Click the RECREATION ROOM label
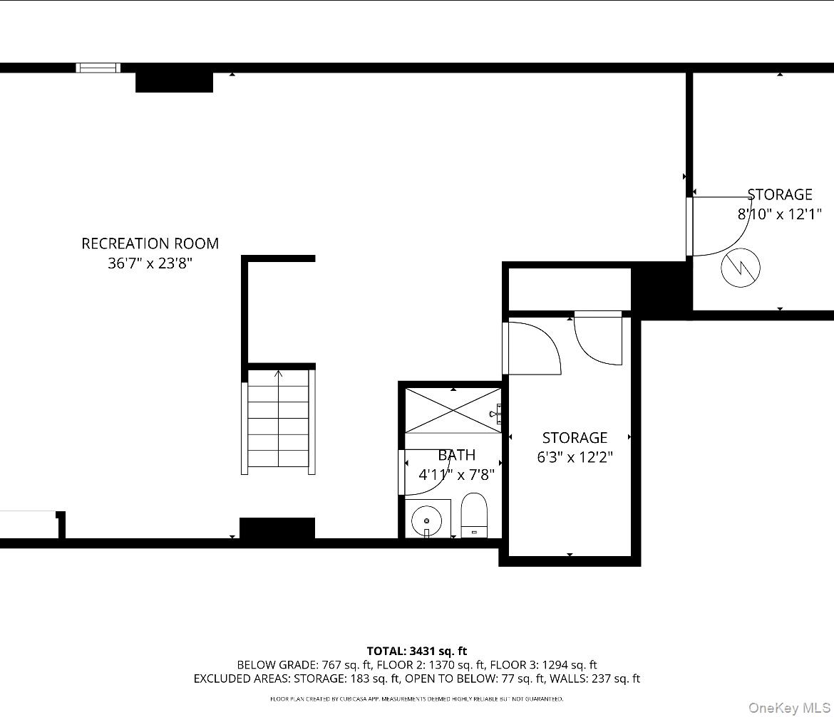point(150,244)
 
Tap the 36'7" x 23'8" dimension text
point(150,263)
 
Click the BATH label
point(456,455)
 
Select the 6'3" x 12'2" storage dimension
point(575,457)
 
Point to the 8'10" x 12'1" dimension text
point(779,214)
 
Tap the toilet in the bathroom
point(474,515)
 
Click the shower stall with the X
point(453,410)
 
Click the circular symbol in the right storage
point(741,268)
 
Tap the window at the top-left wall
point(98,68)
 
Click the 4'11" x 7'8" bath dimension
point(456,474)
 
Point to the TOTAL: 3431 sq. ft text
point(417,651)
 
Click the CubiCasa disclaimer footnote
point(416,699)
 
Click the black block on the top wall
point(174,81)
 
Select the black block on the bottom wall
point(277,528)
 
